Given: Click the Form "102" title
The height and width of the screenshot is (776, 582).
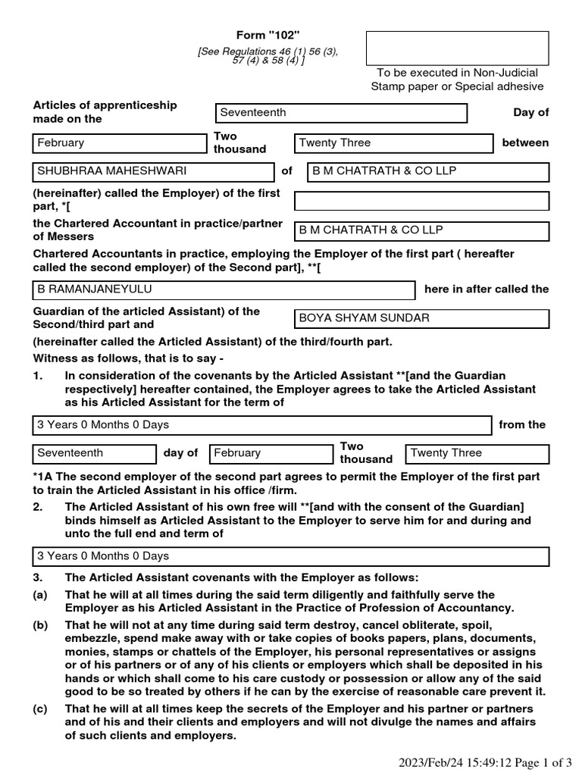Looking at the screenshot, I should pyautogui.click(x=268, y=36).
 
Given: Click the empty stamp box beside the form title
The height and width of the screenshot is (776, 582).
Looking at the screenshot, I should pyautogui.click(x=457, y=48).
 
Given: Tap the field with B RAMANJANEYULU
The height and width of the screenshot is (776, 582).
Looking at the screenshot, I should pyautogui.click(x=224, y=290).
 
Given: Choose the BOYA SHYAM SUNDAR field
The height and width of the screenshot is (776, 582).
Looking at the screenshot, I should pyautogui.click(x=421, y=318).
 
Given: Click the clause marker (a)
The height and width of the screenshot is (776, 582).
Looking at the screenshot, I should pyautogui.click(x=39, y=595).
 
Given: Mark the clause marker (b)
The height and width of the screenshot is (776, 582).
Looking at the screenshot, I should pyautogui.click(x=39, y=626).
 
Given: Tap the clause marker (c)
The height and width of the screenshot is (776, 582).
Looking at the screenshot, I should pyautogui.click(x=39, y=709).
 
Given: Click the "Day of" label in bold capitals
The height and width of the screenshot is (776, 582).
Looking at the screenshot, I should pyautogui.click(x=530, y=112).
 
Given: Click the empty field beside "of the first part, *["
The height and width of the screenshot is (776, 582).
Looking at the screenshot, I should pyautogui.click(x=421, y=201).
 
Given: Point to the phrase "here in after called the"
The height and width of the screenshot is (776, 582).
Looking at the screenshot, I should pyautogui.click(x=487, y=289).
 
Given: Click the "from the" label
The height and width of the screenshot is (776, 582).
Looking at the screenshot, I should pyautogui.click(x=522, y=424).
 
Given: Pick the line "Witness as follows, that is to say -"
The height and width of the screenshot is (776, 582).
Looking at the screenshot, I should pyautogui.click(x=129, y=358).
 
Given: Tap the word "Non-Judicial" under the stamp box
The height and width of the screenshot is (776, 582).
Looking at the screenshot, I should pyautogui.click(x=506, y=73).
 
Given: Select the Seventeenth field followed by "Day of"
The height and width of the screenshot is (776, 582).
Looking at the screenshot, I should pyautogui.click(x=341, y=113).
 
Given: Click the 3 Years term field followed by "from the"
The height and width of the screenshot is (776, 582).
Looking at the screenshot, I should pyautogui.click(x=261, y=425).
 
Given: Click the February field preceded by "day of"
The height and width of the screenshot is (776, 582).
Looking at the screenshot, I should pyautogui.click(x=271, y=453).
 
